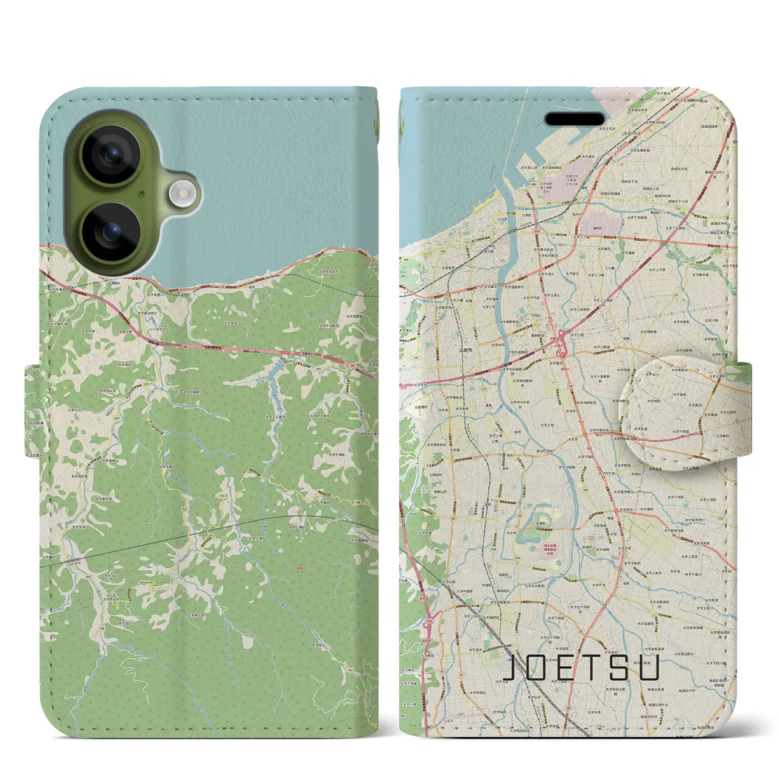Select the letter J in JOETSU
point(513,668)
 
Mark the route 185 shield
point(425,250)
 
